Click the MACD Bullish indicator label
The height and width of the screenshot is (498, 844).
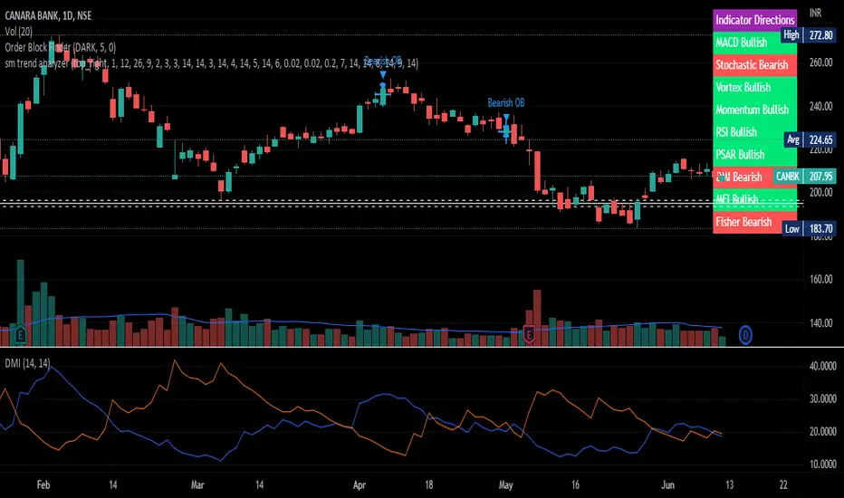click(741, 42)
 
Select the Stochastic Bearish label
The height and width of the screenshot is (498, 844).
click(751, 64)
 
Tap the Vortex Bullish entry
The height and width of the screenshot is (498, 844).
click(743, 87)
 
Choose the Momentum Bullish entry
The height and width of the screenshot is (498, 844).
click(752, 110)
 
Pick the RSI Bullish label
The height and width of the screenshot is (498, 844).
click(736, 132)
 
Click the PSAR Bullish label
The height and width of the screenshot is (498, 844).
click(739, 155)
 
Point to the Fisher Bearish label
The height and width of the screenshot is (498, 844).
click(743, 222)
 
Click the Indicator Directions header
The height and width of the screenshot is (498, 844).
click(754, 19)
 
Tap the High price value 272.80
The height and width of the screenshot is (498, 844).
click(819, 34)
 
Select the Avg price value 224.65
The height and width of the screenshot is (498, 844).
click(819, 139)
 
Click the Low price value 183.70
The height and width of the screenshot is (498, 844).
click(819, 229)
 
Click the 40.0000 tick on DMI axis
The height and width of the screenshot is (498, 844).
click(821, 366)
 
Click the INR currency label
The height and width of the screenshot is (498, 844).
click(816, 14)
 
